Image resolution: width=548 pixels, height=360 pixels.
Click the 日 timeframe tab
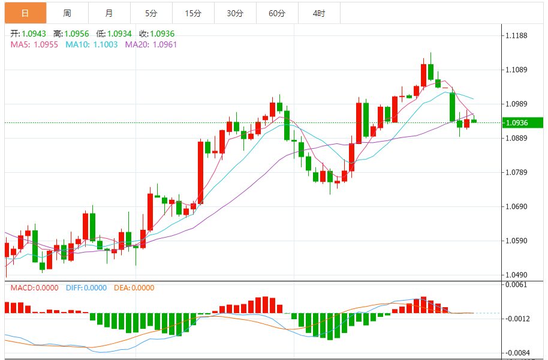coord(25,13)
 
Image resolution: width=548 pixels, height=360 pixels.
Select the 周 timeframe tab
coord(67,13)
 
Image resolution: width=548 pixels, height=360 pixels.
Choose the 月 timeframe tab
coord(109,13)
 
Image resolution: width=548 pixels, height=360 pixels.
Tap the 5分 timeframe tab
coord(150,13)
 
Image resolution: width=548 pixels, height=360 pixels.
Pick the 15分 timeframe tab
coord(193,13)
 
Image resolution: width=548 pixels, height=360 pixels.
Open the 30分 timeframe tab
coord(235,13)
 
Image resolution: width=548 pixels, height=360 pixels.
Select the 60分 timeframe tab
coord(277,13)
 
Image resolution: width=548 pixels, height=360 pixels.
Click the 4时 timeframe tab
coord(319,13)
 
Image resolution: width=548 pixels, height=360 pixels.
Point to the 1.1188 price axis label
coord(516,36)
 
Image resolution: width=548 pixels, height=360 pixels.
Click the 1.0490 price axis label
coord(516,275)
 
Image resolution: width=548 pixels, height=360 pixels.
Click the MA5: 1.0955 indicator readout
coord(34,44)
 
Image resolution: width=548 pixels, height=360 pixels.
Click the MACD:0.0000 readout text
coord(35,288)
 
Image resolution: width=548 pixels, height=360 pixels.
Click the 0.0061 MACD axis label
coord(516,284)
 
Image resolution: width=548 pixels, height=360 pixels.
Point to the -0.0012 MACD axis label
coord(516,319)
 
